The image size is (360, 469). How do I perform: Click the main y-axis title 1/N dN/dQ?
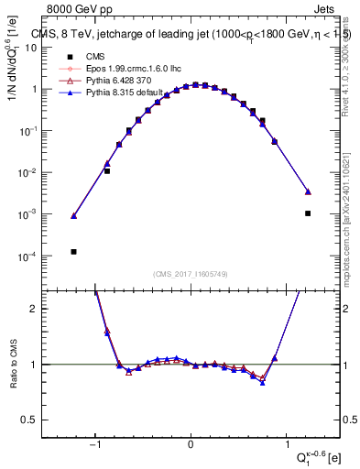(13, 69)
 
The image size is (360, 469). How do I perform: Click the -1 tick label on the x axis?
(95, 445)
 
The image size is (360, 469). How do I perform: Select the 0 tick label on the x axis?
(191, 445)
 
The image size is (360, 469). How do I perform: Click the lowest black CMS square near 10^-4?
(73, 251)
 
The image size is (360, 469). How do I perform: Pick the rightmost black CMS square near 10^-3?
(308, 213)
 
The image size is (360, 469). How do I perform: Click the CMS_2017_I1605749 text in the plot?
(190, 274)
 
